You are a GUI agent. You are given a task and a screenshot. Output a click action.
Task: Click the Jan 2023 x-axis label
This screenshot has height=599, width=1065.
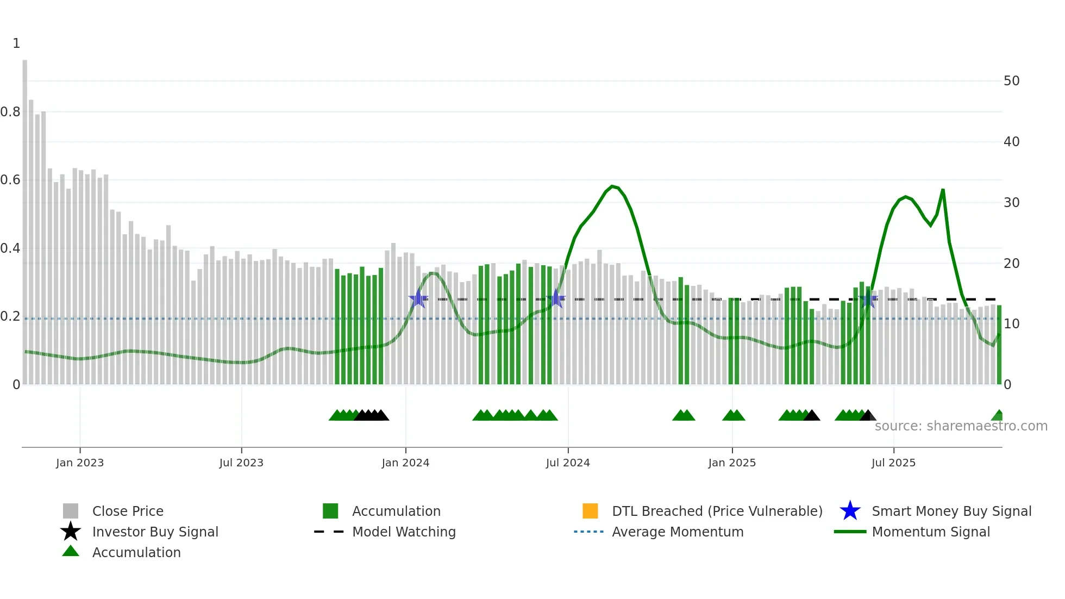79,463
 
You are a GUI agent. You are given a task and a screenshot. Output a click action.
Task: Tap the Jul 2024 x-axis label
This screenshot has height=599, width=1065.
567,463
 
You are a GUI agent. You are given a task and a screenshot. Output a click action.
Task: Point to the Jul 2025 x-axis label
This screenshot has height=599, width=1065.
893,463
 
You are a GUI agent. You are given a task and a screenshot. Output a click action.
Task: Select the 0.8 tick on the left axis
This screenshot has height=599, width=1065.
10,112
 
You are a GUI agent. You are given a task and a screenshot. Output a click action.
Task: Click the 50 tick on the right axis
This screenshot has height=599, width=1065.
1011,81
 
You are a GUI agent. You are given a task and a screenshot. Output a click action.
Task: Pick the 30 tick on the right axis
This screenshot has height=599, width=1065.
1011,203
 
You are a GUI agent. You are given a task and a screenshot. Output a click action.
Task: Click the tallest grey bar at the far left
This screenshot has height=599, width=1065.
25,217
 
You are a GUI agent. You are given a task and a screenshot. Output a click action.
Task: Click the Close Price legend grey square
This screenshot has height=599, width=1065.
71,511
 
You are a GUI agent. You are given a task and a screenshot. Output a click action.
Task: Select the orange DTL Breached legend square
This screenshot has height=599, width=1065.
590,511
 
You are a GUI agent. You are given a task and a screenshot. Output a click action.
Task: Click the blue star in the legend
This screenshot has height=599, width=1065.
850,511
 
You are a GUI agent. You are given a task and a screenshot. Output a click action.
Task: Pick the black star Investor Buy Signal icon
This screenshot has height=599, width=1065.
71,532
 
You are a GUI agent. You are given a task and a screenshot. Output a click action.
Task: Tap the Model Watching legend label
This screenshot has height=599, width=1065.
404,532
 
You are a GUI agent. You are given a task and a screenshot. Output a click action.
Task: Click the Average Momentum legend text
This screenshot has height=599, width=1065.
678,532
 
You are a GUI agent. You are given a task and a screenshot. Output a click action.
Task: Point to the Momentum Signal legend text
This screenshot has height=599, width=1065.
930,532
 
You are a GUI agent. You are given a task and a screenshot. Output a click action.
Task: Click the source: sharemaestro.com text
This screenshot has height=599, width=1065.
961,426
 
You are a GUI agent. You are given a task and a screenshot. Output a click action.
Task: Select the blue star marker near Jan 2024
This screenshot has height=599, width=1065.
418,299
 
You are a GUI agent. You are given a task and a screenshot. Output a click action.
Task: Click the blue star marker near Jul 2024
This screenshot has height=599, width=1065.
556,299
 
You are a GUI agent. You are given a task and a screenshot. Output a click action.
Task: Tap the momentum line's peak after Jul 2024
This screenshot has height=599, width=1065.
612,186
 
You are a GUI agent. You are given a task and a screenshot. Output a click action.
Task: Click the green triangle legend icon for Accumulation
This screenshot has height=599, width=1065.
71,551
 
